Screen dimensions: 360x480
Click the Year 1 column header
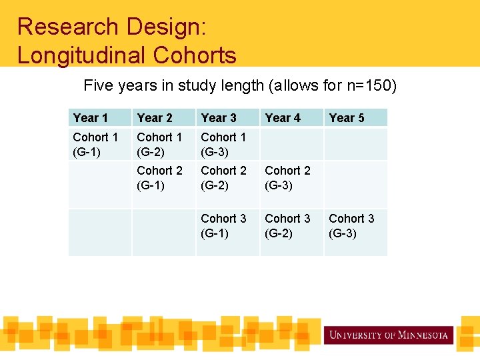tap(91, 118)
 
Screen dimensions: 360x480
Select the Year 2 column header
tap(155, 118)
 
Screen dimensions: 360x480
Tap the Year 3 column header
tap(219, 118)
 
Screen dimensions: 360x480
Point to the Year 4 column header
tap(283, 118)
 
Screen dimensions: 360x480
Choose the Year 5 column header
tap(347, 118)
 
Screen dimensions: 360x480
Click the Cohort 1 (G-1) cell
tap(95, 145)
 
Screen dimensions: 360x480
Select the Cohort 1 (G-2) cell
tap(159, 145)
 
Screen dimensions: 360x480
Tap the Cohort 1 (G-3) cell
tap(223, 145)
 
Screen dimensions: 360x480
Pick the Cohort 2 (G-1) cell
tap(159, 178)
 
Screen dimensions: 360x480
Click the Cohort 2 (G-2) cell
tap(223, 178)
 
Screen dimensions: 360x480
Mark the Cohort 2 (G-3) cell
tap(287, 178)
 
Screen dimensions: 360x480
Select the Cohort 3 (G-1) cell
tap(223, 226)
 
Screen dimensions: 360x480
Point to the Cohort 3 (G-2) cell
tap(287, 226)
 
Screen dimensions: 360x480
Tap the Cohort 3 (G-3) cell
tap(351, 226)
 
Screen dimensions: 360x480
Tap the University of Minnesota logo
tap(389, 335)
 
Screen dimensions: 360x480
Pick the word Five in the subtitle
tap(96, 86)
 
